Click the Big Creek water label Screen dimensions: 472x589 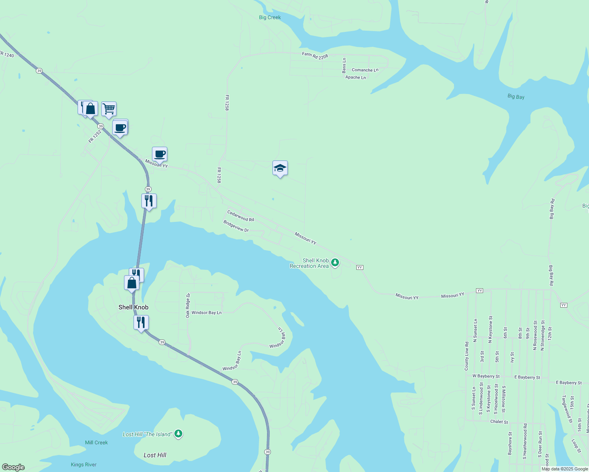[270, 17]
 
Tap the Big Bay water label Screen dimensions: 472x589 [516, 96]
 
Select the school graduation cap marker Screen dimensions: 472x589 [280, 168]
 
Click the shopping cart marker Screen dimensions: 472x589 [109, 109]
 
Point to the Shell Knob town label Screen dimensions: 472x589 [133, 307]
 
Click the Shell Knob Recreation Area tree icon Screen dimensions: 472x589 [335, 262]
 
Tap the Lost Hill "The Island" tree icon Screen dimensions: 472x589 [178, 434]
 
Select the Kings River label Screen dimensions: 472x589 [83, 465]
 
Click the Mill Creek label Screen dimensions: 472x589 [96, 442]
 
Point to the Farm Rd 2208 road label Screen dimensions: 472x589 [315, 56]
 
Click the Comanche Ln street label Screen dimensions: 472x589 [365, 70]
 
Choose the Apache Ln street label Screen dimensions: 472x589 [356, 77]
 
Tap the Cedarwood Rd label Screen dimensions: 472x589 [241, 216]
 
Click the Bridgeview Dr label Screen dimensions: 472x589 [236, 226]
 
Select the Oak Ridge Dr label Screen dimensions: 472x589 [188, 305]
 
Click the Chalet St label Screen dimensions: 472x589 [499, 422]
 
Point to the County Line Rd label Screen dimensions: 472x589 [467, 356]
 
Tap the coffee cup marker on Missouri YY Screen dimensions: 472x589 [159, 154]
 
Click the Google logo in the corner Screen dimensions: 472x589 [13, 467]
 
